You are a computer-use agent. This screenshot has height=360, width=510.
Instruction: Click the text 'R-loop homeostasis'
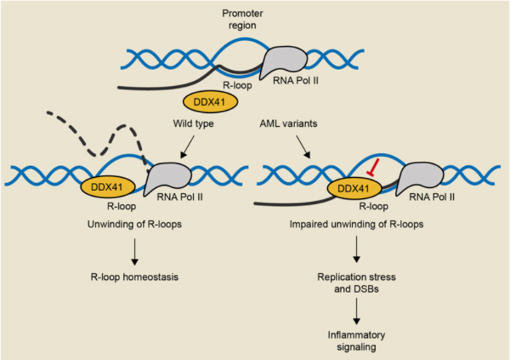(135, 278)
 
